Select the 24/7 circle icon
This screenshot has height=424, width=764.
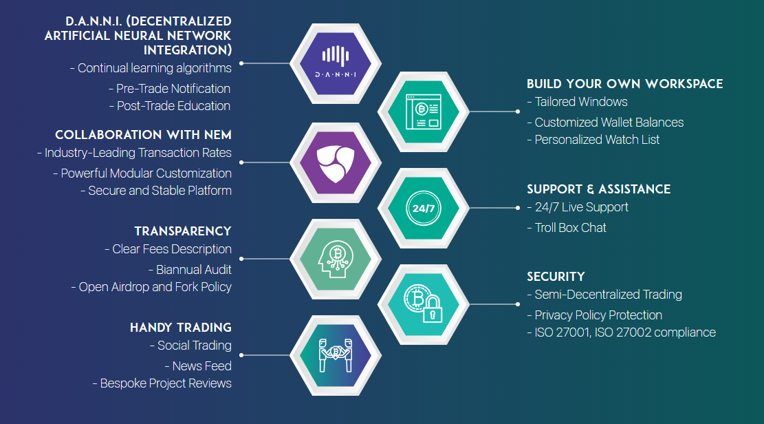pyautogui.click(x=424, y=207)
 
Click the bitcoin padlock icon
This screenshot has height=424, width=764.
pyautogui.click(x=424, y=304)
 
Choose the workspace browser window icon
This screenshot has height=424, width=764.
pyautogui.click(x=424, y=111)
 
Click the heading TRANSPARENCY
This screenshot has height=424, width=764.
pyautogui.click(x=183, y=231)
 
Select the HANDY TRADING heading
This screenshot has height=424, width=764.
pyautogui.click(x=181, y=328)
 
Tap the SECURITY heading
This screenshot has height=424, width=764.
pyautogui.click(x=556, y=277)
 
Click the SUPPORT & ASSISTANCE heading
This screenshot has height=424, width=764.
pyautogui.click(x=598, y=189)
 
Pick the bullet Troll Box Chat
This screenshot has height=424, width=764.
pyautogui.click(x=571, y=228)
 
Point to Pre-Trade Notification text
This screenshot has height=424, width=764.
pyautogui.click(x=173, y=89)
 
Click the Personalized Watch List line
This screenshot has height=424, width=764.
pyautogui.click(x=597, y=140)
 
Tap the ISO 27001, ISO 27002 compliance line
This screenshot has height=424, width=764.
pyautogui.click(x=625, y=332)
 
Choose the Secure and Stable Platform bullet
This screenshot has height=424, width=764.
pyautogui.click(x=160, y=191)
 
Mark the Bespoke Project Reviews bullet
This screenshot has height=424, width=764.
pyautogui.click(x=166, y=383)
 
